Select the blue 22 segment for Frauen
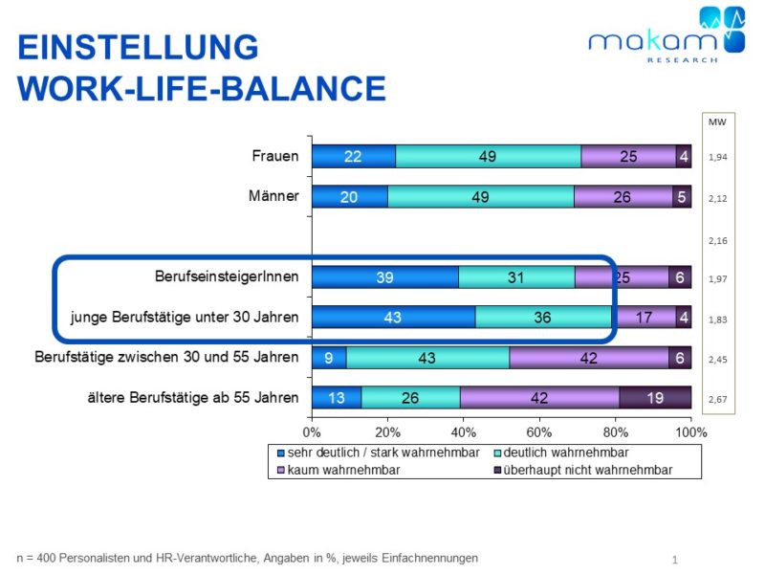click(x=353, y=157)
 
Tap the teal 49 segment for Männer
click(x=481, y=197)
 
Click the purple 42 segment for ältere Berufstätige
click(x=539, y=398)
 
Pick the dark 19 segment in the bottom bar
click(x=655, y=398)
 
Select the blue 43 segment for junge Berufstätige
click(x=393, y=318)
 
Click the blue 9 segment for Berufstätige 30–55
click(x=329, y=358)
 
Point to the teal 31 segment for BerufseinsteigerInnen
click(x=516, y=277)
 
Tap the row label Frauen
click(x=274, y=156)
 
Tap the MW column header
click(x=716, y=122)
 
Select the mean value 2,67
click(x=717, y=399)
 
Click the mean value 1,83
click(x=717, y=319)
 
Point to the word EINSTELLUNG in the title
click(x=138, y=47)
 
